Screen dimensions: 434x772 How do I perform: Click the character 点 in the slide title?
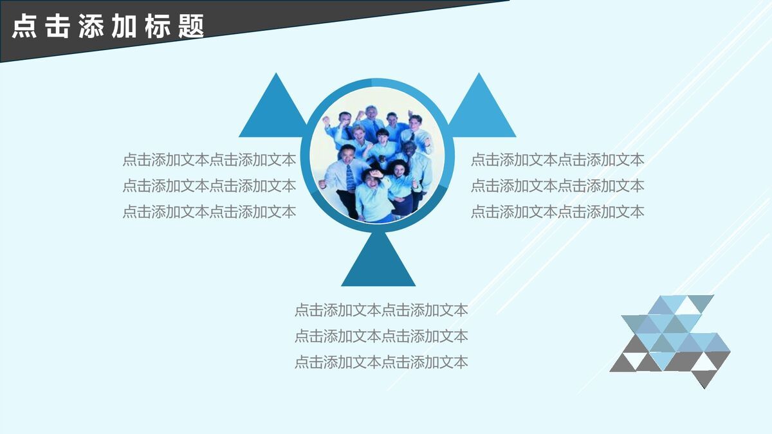point(24,28)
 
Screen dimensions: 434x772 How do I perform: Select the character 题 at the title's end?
point(192,28)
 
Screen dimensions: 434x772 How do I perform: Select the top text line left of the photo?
point(209,160)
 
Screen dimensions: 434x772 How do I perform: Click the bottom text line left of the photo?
point(209,212)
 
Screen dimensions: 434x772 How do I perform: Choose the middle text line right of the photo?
point(557,186)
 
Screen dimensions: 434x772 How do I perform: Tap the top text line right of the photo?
point(557,160)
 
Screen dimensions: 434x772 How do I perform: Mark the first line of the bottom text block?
point(381,310)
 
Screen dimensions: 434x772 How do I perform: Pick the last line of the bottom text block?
point(381,362)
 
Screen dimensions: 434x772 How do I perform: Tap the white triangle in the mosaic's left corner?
point(630,322)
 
